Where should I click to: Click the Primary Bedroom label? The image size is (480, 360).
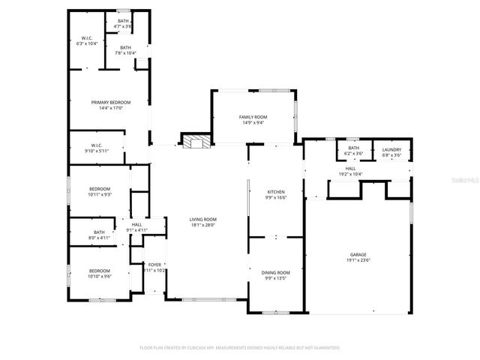tap(111, 102)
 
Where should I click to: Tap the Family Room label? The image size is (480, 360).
tap(253, 118)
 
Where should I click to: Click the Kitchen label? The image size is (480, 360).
tap(276, 192)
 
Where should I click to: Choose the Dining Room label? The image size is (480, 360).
tap(276, 272)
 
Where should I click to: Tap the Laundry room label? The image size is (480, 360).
tap(391, 148)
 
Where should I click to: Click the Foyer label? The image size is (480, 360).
tap(154, 265)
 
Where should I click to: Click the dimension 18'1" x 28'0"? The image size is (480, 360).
tap(202, 225)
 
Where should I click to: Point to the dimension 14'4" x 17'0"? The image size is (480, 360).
tap(111, 108)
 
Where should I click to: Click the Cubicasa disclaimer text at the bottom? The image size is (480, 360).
tap(240, 348)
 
